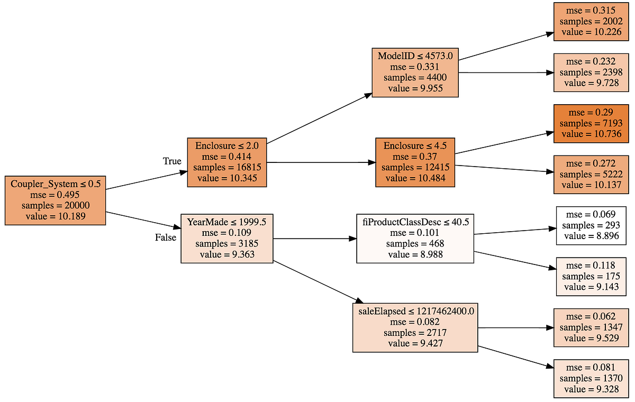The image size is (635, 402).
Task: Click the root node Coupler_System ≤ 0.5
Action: (x=55, y=200)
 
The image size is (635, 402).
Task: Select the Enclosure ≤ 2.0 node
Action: (x=226, y=162)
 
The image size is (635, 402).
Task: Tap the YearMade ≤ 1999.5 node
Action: (x=227, y=239)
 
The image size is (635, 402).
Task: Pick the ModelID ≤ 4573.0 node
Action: (x=415, y=72)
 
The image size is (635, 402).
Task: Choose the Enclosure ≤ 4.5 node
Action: (x=415, y=162)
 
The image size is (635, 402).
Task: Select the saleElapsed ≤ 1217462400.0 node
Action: (x=415, y=327)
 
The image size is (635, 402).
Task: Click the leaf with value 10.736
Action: (x=591, y=124)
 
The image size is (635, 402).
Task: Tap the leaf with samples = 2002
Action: (x=591, y=22)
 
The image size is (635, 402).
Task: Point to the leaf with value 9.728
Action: (x=591, y=72)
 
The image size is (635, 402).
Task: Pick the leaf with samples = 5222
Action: (x=591, y=175)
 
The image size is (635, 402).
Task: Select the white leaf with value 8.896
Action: (x=591, y=225)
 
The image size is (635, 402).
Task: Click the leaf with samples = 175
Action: (x=591, y=276)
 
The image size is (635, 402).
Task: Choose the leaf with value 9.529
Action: (x=591, y=327)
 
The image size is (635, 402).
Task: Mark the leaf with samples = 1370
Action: (x=591, y=378)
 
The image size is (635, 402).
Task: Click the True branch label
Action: (x=171, y=161)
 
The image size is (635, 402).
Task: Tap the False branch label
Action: (x=165, y=238)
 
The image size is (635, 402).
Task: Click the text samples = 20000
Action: (x=55, y=206)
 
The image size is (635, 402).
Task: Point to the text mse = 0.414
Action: (x=226, y=157)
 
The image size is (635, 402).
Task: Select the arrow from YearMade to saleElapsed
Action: (x=312, y=281)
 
